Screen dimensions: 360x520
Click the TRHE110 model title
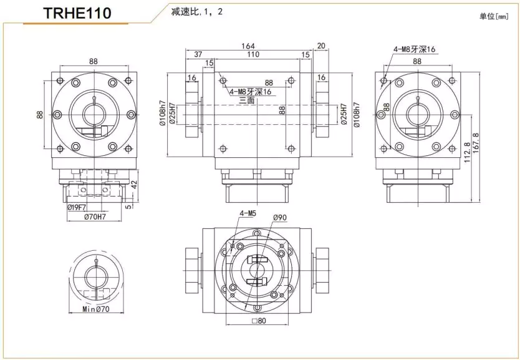point(77,13)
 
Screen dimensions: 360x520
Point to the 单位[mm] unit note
point(494,17)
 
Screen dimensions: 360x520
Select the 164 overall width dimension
point(248,46)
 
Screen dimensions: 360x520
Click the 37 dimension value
point(198,55)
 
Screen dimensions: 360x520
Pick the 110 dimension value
point(253,55)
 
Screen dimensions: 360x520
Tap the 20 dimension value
point(321,46)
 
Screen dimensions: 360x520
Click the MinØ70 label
point(95,309)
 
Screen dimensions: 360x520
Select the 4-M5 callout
point(248,213)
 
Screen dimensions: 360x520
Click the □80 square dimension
point(259,322)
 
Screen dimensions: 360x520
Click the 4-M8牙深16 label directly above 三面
point(251,92)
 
